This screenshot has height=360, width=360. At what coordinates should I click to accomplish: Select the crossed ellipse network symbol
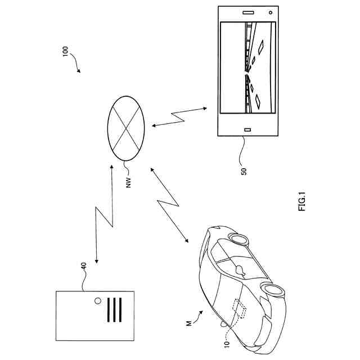(125, 129)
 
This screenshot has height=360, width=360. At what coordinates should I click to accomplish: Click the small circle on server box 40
(98, 300)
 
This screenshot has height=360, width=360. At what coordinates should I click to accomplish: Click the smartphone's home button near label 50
(247, 130)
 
